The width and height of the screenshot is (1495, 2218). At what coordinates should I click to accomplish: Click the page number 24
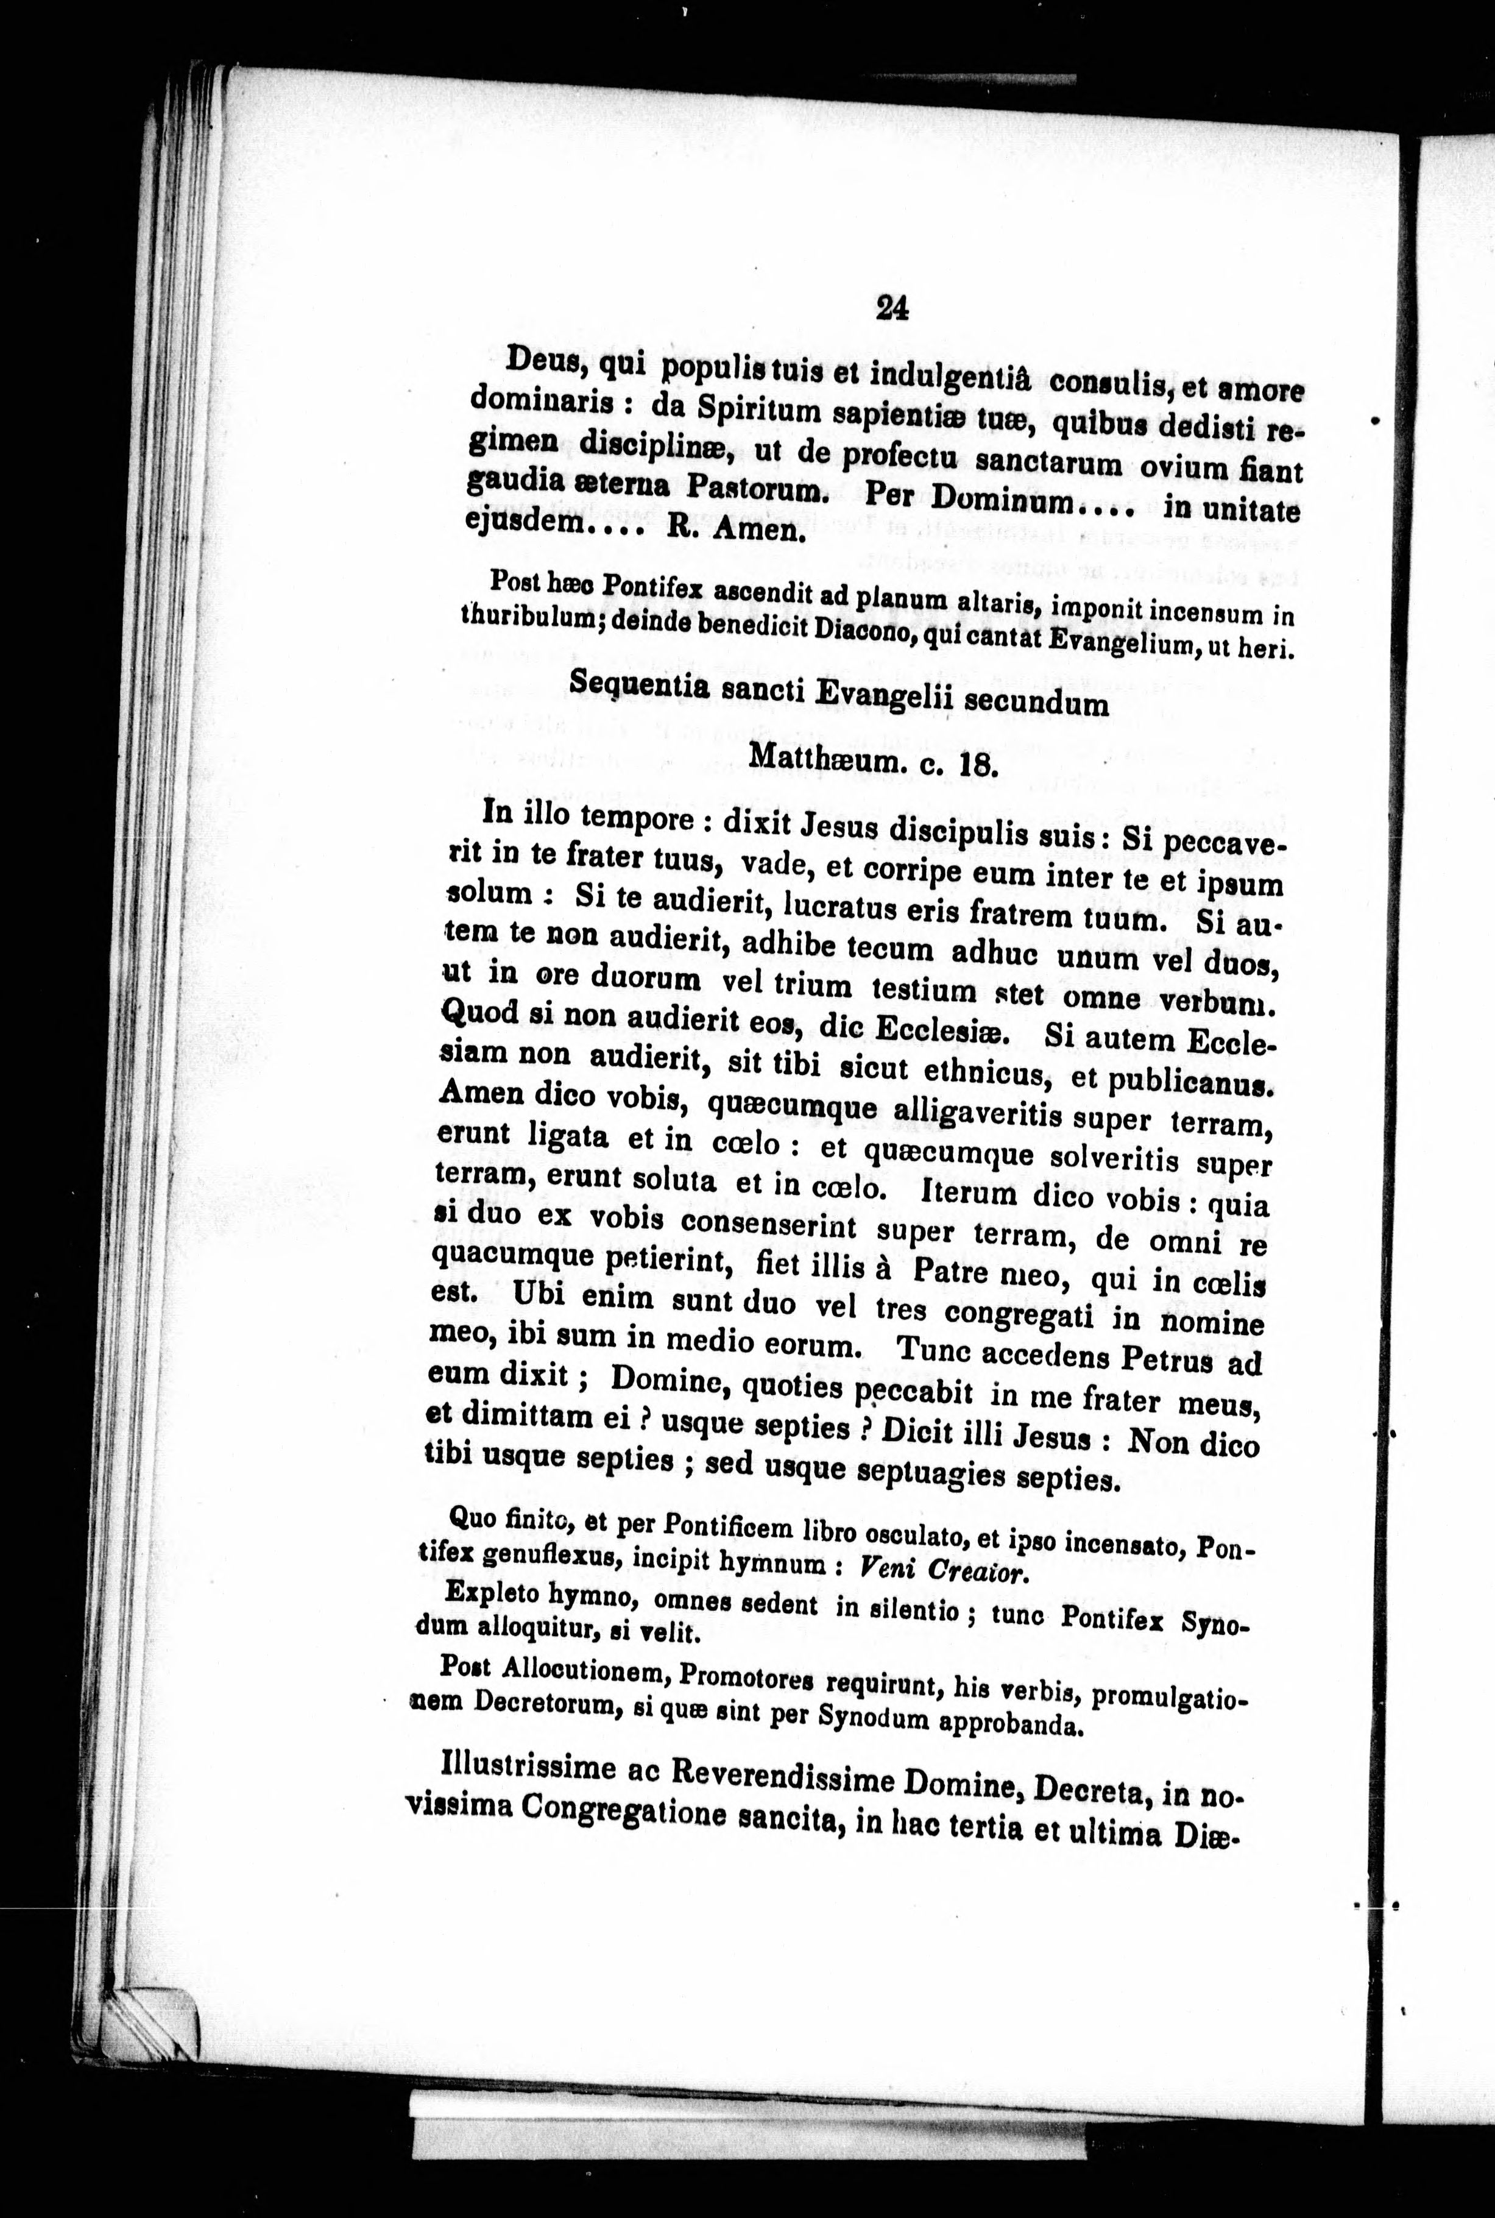(891, 307)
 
